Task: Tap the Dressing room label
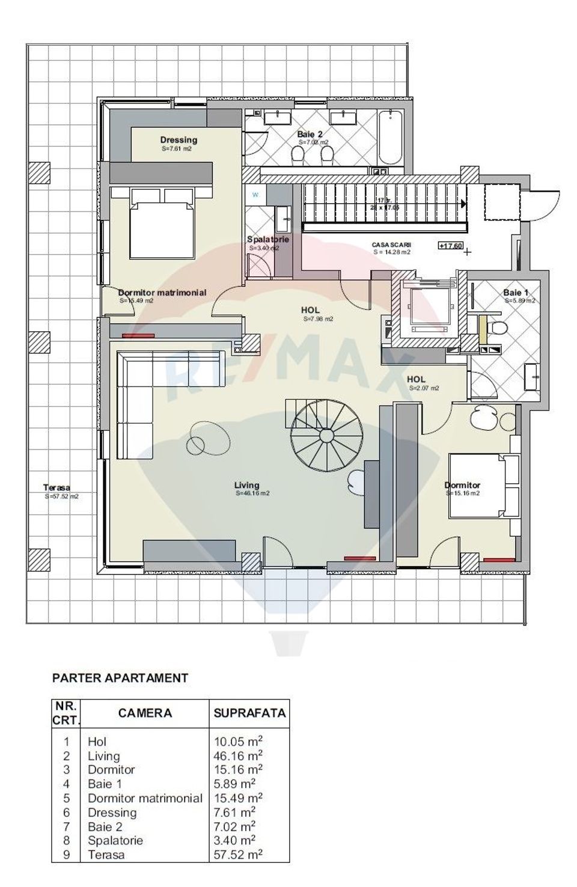(x=179, y=140)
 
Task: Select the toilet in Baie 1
(x=497, y=328)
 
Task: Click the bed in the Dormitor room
(x=484, y=486)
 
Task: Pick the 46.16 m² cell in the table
(x=238, y=755)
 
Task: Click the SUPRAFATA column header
(x=249, y=713)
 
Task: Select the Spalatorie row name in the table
(x=115, y=840)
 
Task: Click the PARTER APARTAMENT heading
(x=120, y=678)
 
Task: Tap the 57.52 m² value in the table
(x=238, y=854)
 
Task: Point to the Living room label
(x=247, y=485)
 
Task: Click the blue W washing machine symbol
(x=255, y=194)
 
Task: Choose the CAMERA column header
(x=145, y=713)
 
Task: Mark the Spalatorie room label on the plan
(x=268, y=239)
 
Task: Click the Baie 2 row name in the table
(x=105, y=826)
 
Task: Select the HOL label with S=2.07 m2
(x=417, y=379)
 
